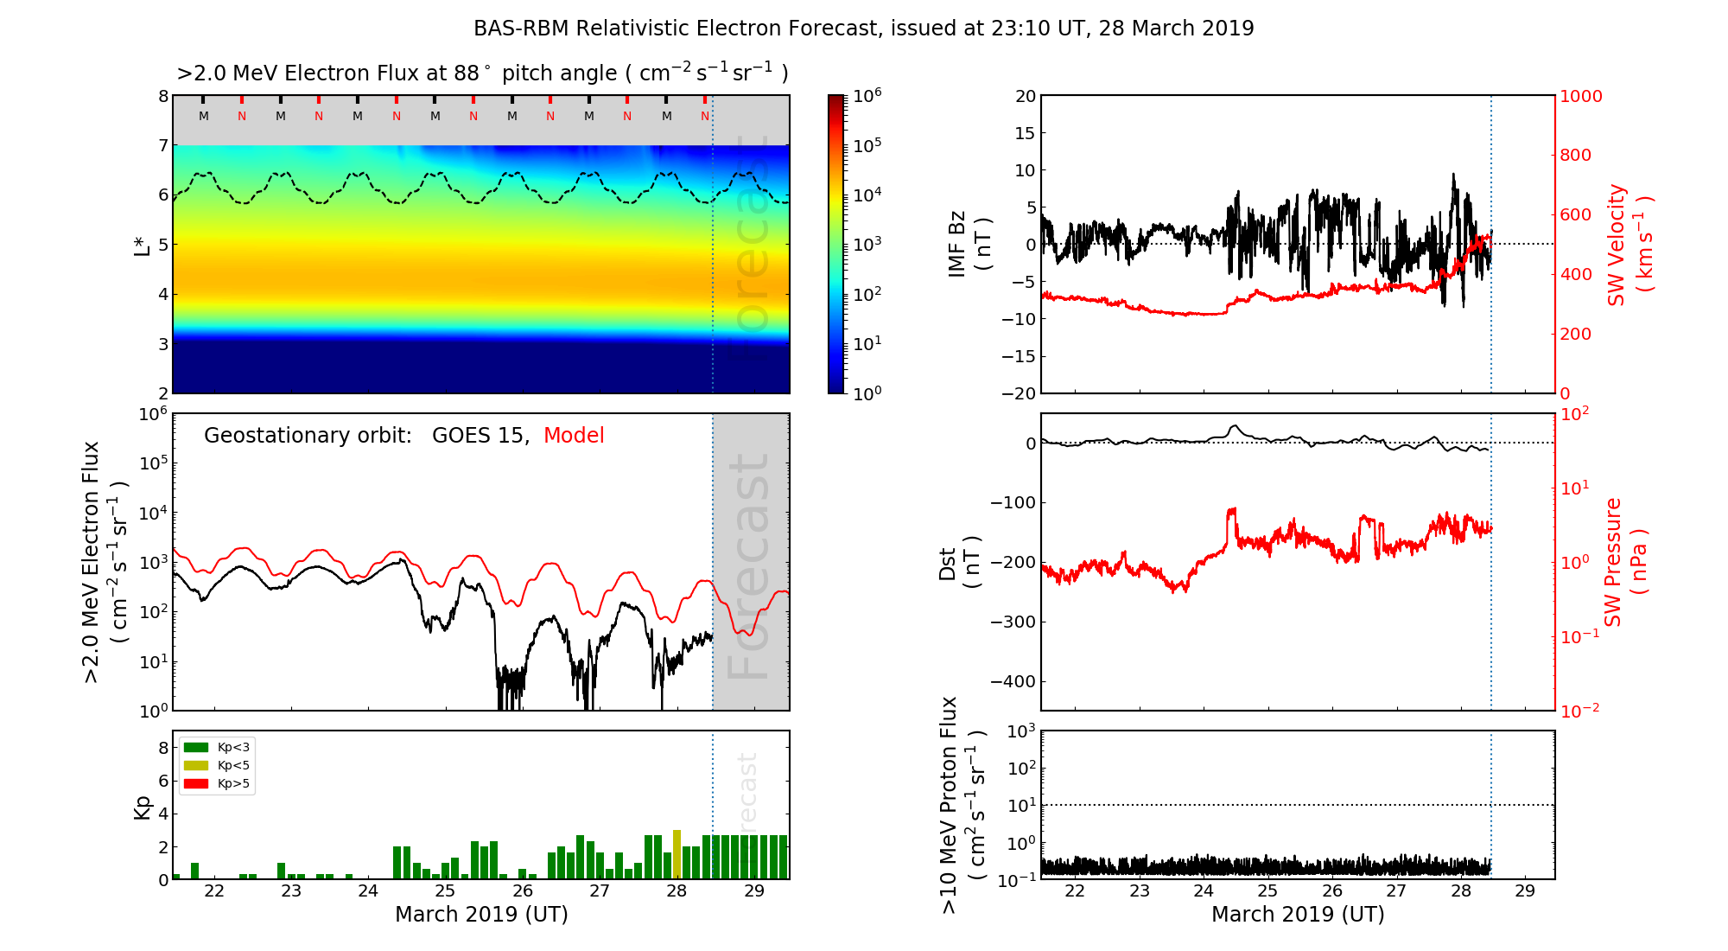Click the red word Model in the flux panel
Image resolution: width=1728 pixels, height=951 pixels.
click(574, 436)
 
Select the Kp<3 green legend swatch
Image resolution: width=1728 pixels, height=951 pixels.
click(196, 748)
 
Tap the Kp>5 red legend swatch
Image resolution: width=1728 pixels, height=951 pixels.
click(196, 784)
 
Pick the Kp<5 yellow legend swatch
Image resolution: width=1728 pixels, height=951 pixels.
click(196, 766)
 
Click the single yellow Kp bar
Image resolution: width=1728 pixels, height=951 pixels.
click(677, 854)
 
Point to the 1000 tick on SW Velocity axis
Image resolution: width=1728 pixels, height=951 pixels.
click(1580, 96)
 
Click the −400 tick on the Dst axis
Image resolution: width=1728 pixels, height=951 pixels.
click(1012, 681)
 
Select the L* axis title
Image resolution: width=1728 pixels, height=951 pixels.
click(143, 245)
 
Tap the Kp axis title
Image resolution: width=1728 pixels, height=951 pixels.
click(143, 807)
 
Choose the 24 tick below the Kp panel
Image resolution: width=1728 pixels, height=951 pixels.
click(368, 891)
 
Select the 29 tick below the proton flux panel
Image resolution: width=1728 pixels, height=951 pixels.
click(1525, 891)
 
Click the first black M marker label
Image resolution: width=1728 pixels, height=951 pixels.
click(204, 116)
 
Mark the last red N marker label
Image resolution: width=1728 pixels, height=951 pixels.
click(705, 116)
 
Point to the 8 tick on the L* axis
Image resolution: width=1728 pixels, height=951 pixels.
click(162, 96)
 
